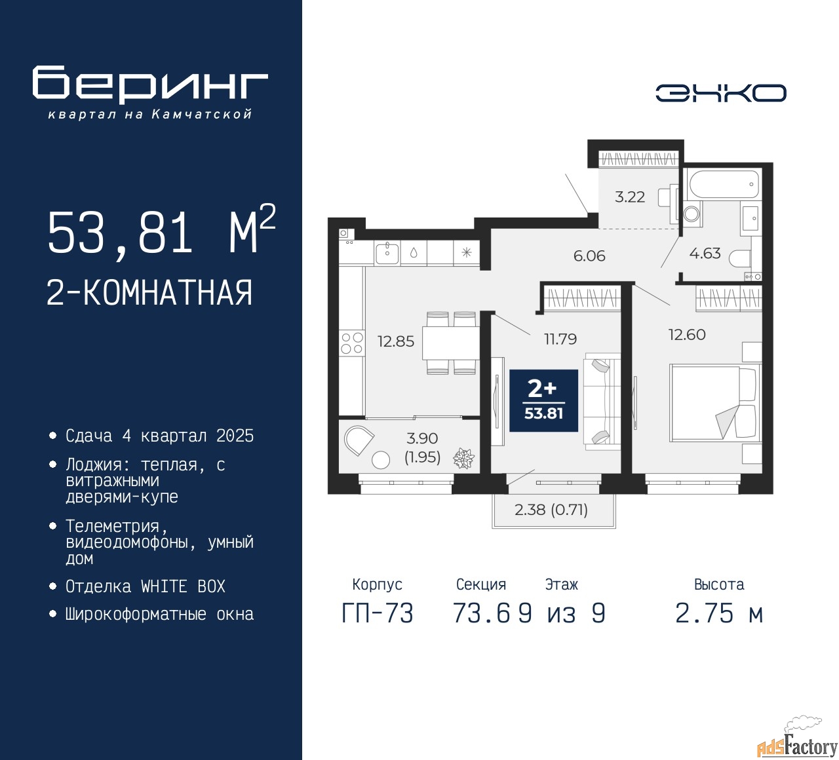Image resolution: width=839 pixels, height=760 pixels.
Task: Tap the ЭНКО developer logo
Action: click(720, 93)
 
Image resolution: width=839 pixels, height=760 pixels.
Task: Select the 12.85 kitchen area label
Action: click(396, 341)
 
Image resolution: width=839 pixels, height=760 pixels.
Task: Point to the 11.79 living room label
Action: click(560, 339)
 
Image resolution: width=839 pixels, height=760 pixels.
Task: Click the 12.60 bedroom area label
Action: click(687, 334)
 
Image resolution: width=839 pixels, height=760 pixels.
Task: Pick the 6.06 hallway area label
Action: click(589, 256)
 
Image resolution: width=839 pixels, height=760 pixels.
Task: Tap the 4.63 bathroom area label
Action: click(705, 253)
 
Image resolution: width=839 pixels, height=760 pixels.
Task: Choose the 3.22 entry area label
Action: click(629, 197)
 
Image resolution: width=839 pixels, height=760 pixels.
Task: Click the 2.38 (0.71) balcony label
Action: click(551, 510)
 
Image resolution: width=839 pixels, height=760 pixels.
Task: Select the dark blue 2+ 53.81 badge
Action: click(543, 400)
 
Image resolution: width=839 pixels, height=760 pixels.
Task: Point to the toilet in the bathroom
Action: click(739, 258)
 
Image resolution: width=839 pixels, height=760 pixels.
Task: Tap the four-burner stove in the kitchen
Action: click(351, 343)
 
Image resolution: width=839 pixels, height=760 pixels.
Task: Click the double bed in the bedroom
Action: click(714, 402)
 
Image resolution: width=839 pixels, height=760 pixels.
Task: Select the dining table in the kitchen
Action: click(450, 343)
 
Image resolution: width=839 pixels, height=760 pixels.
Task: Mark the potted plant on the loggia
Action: click(463, 458)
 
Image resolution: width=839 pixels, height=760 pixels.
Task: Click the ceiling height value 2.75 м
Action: click(719, 613)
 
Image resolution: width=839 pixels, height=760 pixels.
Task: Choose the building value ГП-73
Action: click(378, 613)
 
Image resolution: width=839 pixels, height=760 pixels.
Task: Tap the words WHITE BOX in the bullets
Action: click(183, 586)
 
